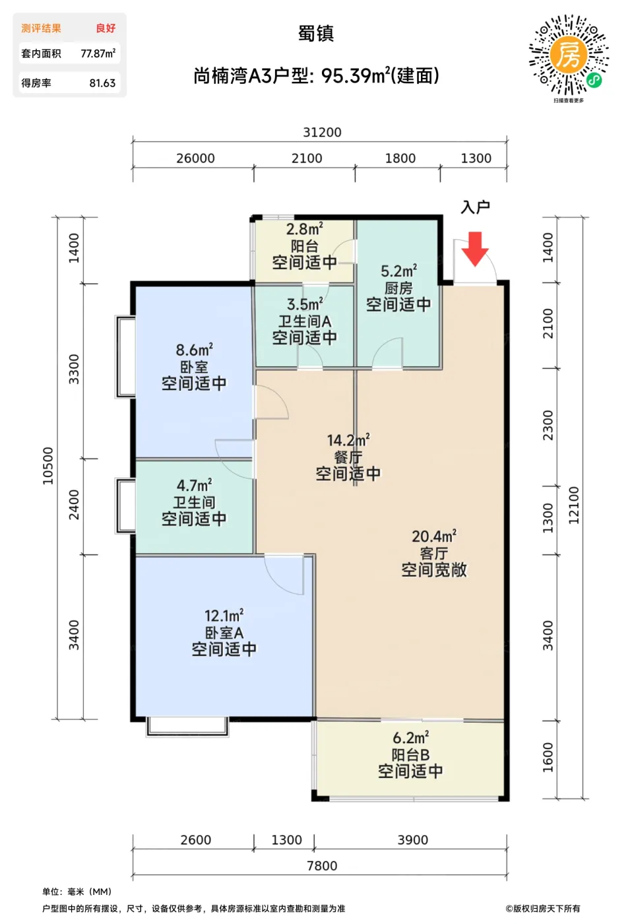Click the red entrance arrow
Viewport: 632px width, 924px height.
[475, 249]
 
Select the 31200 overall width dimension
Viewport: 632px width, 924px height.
[322, 133]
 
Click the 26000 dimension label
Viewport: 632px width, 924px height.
[195, 158]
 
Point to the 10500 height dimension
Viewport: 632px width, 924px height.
[48, 466]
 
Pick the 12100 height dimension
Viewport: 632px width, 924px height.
[573, 506]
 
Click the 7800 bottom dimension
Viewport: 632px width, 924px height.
[322, 866]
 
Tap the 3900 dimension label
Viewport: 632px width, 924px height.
[413, 840]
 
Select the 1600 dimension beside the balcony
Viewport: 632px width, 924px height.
[548, 758]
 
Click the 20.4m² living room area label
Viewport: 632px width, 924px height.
[434, 536]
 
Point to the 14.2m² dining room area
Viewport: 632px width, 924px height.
[348, 440]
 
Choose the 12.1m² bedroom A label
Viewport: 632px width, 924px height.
[224, 616]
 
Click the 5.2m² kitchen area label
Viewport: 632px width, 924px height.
[398, 271]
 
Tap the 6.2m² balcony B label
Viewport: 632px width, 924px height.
[410, 738]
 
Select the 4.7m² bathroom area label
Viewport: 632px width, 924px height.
[194, 485]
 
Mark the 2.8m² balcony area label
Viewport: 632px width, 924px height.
[304, 228]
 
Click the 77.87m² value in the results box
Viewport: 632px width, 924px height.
[98, 53]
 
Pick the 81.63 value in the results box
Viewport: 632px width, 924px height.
[102, 83]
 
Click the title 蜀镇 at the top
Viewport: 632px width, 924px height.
[316, 34]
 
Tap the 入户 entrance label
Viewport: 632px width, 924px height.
[475, 207]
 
